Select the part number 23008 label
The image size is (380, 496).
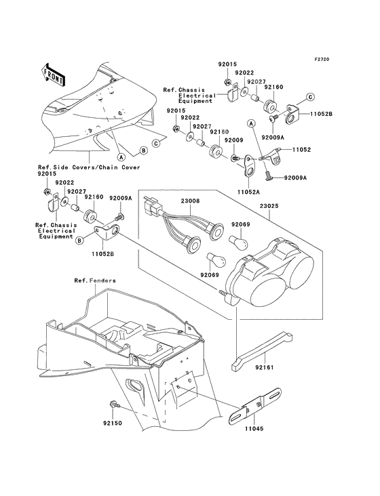(x=189, y=201)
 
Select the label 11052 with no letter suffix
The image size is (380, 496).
(x=301, y=148)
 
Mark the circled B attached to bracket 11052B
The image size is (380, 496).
(x=80, y=239)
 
